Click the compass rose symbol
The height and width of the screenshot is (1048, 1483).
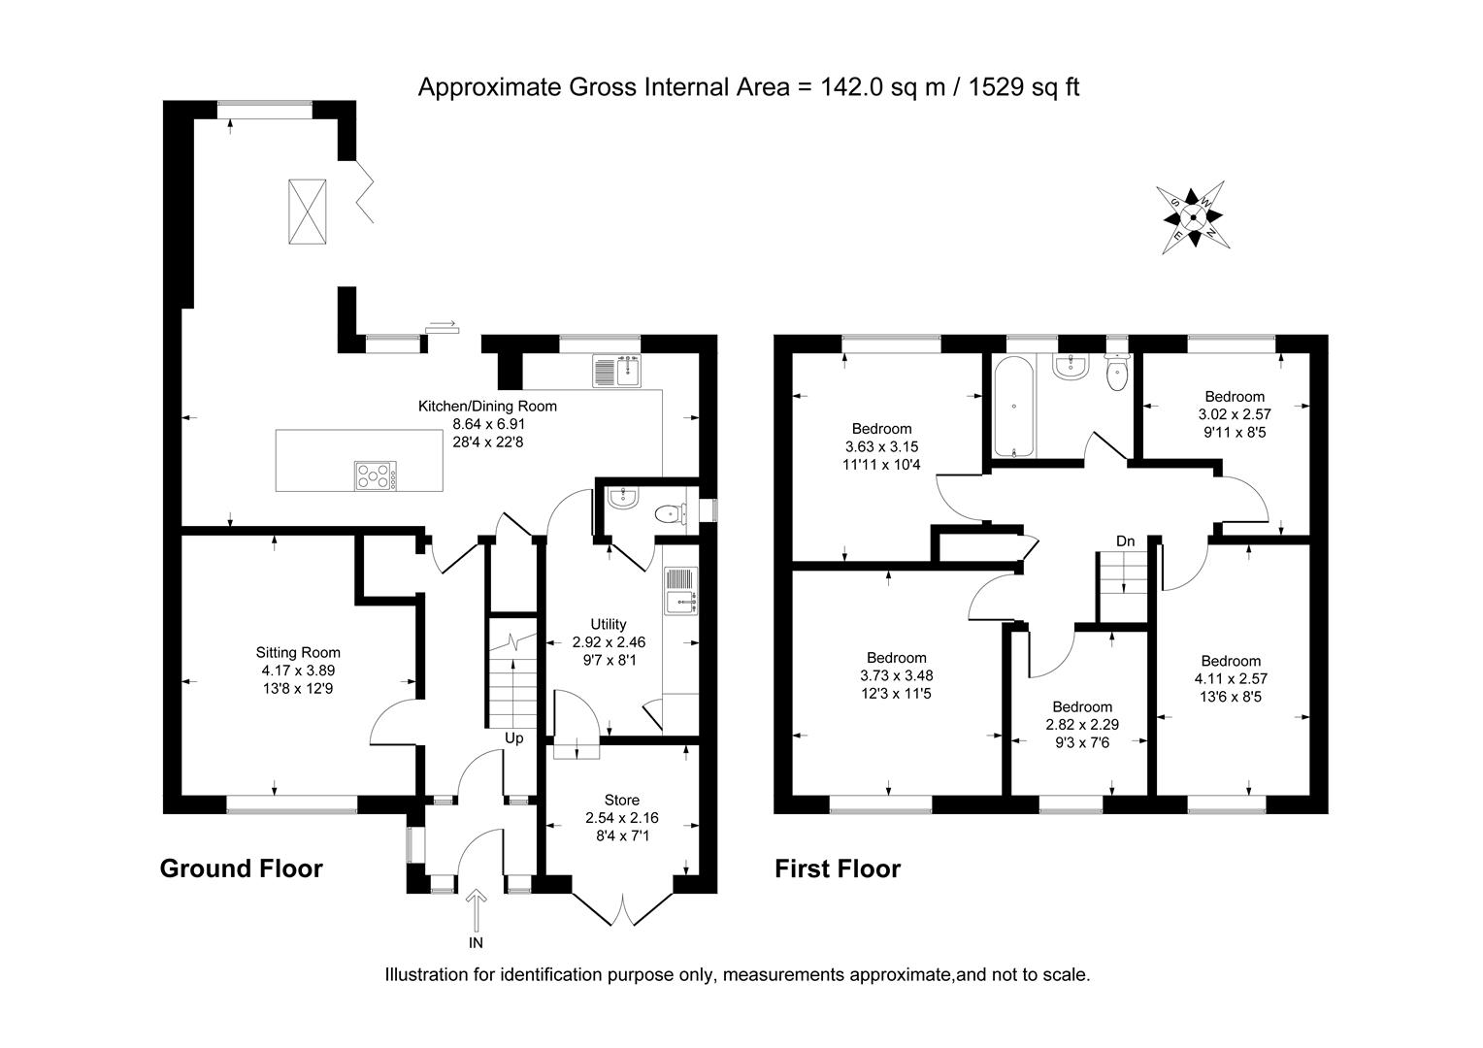pyautogui.click(x=1194, y=218)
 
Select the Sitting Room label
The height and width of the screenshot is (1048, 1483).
pyautogui.click(x=298, y=652)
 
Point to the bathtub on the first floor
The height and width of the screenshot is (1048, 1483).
pyautogui.click(x=1012, y=407)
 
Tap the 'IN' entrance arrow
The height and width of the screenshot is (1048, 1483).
pyautogui.click(x=476, y=912)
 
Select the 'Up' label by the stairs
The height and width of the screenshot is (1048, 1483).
pyautogui.click(x=513, y=738)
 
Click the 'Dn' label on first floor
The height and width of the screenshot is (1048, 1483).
pyautogui.click(x=1125, y=540)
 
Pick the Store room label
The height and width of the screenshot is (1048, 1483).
pyautogui.click(x=621, y=800)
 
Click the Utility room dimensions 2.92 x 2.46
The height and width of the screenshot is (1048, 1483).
pyautogui.click(x=609, y=642)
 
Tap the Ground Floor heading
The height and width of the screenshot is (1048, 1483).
pyautogui.click(x=241, y=868)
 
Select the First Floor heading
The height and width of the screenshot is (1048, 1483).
pyautogui.click(x=837, y=868)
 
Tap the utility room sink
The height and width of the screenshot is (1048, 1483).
pyautogui.click(x=681, y=591)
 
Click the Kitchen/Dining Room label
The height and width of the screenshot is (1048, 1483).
pyautogui.click(x=487, y=406)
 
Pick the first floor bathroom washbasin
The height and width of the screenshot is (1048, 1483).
pyautogui.click(x=1072, y=366)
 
